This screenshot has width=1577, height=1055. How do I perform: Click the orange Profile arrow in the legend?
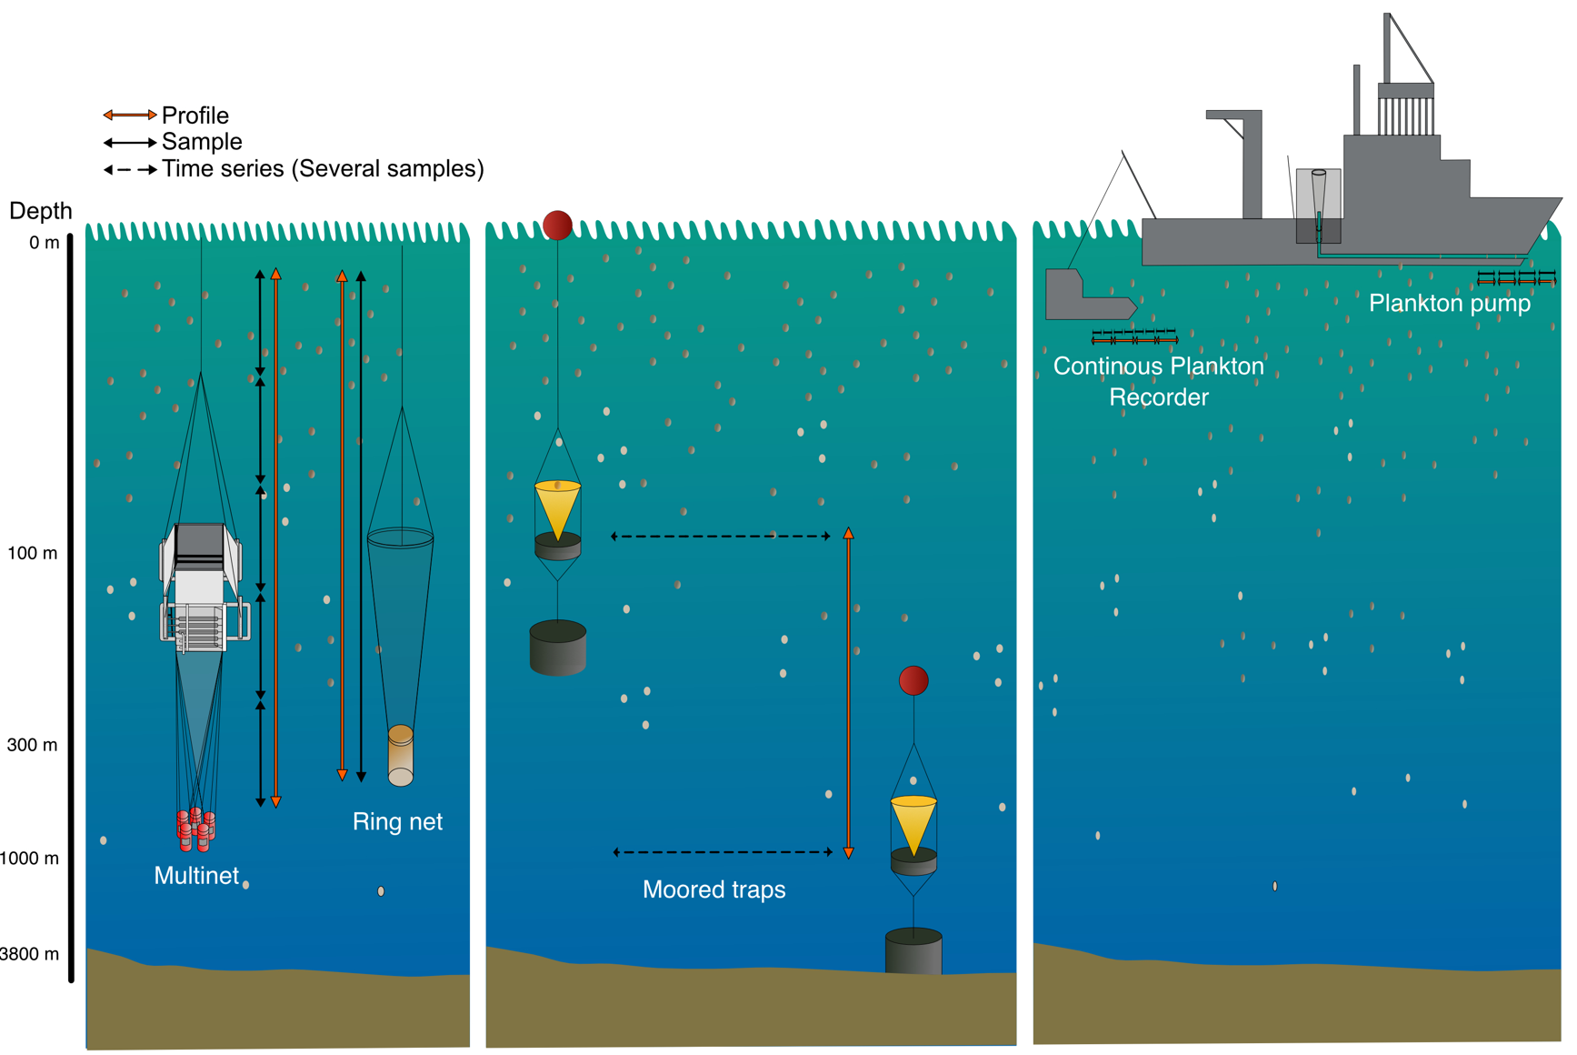pos(129,116)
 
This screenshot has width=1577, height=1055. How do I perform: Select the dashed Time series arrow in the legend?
pos(129,170)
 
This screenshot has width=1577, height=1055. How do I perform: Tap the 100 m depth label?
pos(33,553)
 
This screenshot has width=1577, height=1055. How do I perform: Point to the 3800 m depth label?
pos(29,954)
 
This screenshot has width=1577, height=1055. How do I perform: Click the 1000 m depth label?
pos(29,859)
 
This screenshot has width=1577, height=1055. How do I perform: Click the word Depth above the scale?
pos(40,211)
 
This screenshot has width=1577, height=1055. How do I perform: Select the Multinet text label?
pos(196,876)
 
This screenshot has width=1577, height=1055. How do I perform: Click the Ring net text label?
pos(397,822)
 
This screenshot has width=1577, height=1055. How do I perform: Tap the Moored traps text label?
pos(714,889)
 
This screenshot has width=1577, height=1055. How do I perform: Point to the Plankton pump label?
pos(1449,304)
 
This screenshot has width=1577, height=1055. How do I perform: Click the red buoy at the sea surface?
pos(557,225)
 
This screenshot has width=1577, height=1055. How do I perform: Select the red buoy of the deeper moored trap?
pos(913,680)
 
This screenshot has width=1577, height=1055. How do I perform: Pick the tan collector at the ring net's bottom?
pos(401,755)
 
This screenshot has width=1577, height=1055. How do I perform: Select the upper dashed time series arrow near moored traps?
pos(721,537)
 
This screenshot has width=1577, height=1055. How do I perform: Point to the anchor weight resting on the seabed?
pos(913,951)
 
